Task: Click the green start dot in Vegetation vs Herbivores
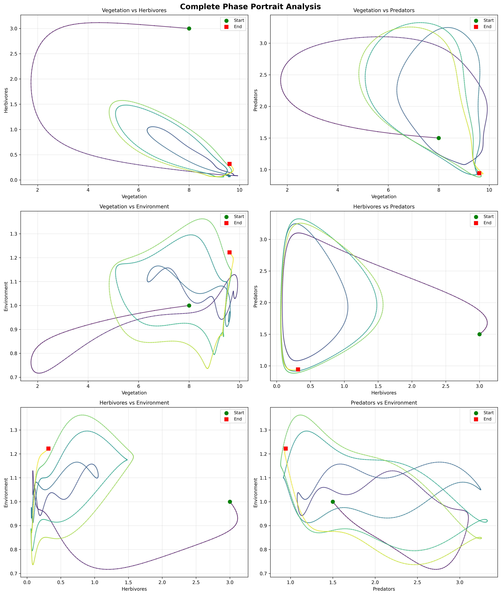(x=189, y=28)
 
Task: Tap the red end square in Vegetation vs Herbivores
(x=229, y=164)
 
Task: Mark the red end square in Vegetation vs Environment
(x=229, y=252)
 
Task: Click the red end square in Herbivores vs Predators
(x=298, y=369)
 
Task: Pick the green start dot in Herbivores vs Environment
(x=230, y=502)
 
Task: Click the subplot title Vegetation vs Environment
(x=134, y=207)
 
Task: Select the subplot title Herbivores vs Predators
(x=384, y=207)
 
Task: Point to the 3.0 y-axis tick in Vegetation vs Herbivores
(x=14, y=28)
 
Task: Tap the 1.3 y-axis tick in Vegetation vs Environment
(x=14, y=234)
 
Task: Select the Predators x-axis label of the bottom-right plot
(x=384, y=589)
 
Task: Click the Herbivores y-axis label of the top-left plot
(x=6, y=100)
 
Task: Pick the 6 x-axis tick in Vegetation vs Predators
(x=388, y=190)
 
